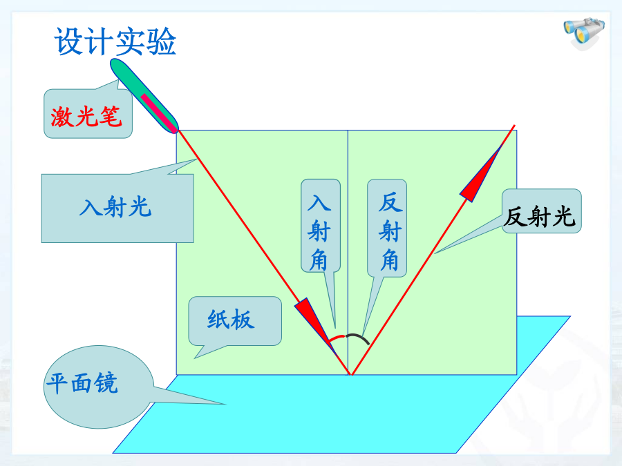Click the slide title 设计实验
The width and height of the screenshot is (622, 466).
pyautogui.click(x=115, y=41)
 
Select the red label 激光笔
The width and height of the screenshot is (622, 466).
pyautogui.click(x=86, y=117)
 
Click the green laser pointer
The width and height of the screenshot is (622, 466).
pyautogui.click(x=144, y=96)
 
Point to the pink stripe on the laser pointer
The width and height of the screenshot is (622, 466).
pyautogui.click(x=159, y=113)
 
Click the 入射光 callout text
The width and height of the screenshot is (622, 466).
pyautogui.click(x=115, y=207)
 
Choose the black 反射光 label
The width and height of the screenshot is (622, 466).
pyautogui.click(x=540, y=216)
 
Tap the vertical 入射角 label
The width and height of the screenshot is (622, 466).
pyautogui.click(x=319, y=232)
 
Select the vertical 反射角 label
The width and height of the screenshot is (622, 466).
pyautogui.click(x=390, y=232)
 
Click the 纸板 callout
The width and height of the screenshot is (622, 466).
pyautogui.click(x=231, y=320)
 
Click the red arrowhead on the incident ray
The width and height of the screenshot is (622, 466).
pyautogui.click(x=313, y=322)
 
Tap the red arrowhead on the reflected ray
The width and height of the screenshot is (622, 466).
pyautogui.click(x=481, y=173)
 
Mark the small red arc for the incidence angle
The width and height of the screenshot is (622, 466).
pyautogui.click(x=337, y=337)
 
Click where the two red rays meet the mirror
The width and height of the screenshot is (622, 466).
pyautogui.click(x=350, y=374)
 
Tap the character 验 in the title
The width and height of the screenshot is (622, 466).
pyautogui.click(x=161, y=41)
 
